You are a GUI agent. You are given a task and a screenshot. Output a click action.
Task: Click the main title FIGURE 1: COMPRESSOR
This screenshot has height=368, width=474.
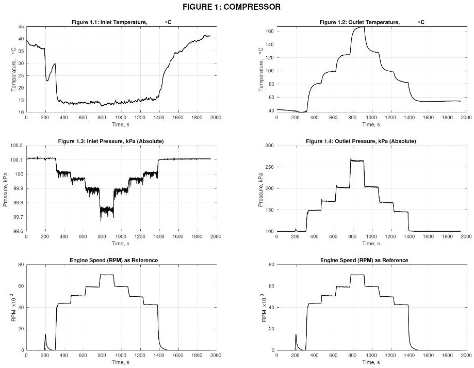point(237,7)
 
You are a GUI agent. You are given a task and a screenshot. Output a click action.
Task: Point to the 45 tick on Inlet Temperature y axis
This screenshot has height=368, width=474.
point(21,26)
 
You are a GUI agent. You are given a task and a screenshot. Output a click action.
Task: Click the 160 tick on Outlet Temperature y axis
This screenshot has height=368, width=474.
point(270,31)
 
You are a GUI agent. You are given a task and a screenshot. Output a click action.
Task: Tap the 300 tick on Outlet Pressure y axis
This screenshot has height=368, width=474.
point(270,146)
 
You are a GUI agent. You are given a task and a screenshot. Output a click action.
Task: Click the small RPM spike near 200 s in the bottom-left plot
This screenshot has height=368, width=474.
point(45,335)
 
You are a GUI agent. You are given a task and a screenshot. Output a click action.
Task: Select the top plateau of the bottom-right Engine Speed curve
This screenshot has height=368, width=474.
point(357,275)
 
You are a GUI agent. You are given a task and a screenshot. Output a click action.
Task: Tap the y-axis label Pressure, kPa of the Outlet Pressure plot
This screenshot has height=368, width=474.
point(261,188)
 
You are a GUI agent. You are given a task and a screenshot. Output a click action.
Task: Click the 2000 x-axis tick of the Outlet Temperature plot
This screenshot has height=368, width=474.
point(465,118)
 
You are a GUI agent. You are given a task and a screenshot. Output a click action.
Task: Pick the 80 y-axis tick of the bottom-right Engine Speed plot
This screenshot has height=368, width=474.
point(271,265)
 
